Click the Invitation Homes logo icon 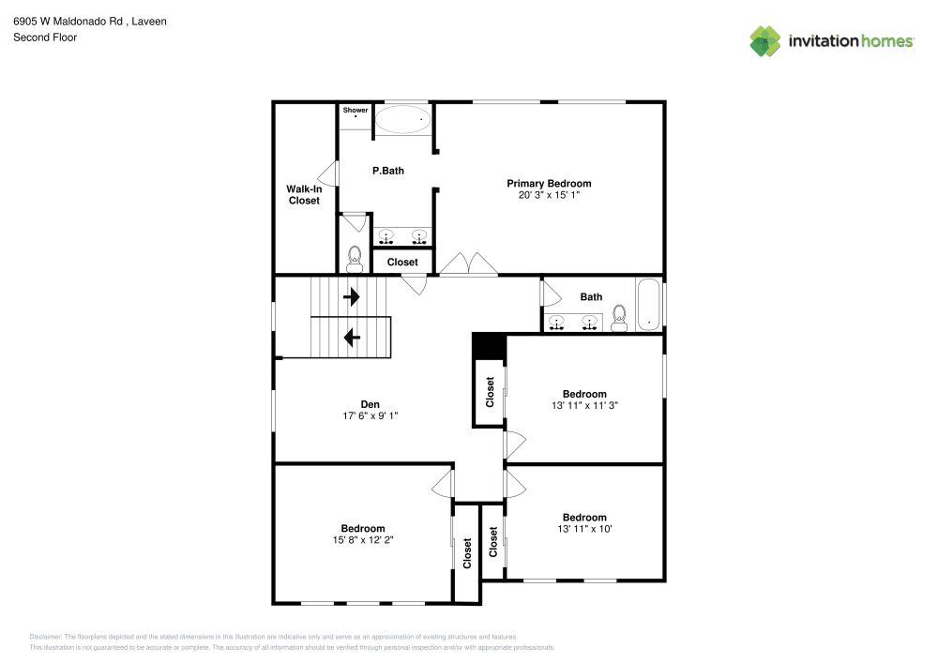(765, 40)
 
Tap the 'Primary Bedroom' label (549, 184)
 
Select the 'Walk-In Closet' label (303, 194)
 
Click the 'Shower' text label (356, 111)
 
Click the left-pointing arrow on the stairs (352, 337)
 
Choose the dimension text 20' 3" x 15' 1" (549, 196)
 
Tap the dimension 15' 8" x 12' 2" (362, 540)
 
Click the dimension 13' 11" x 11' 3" (584, 406)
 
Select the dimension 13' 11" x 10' (584, 529)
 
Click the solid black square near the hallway (488, 346)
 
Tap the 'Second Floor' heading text (45, 38)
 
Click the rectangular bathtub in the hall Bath (649, 305)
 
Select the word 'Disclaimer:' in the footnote (46, 636)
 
